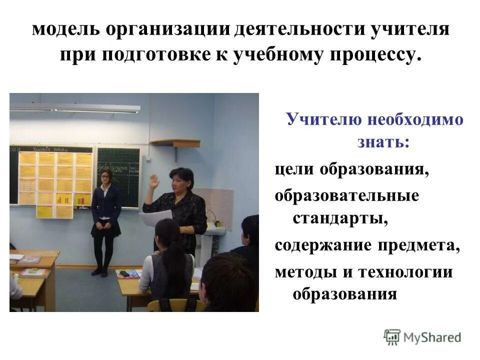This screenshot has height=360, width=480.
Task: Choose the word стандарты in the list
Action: tap(340, 219)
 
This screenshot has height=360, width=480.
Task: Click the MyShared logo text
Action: tap(432, 337)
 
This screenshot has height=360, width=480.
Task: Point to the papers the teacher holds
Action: tap(155, 218)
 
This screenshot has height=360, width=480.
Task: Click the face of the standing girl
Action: tap(106, 176)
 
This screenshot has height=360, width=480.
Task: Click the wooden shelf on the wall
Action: tap(174, 142)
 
